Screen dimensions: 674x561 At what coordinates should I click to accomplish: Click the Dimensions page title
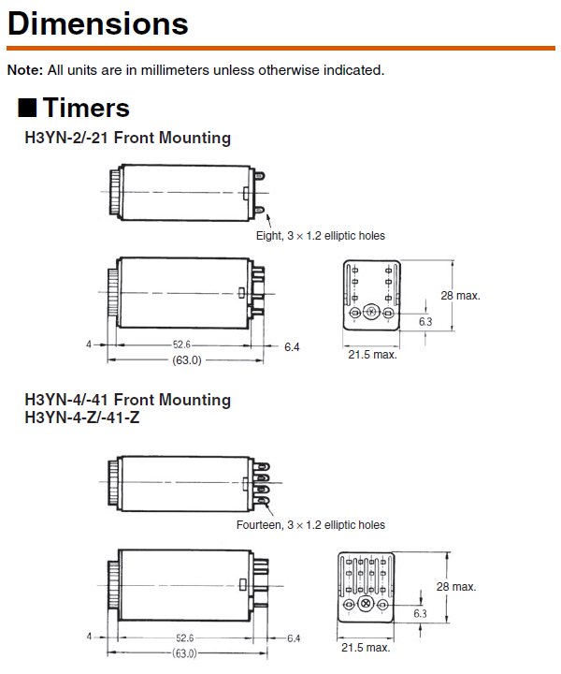(x=97, y=22)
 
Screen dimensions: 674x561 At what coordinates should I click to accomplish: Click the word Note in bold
(x=23, y=69)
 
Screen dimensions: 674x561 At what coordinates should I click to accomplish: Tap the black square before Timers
(x=27, y=108)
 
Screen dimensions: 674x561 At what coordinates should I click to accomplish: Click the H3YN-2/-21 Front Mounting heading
(x=127, y=138)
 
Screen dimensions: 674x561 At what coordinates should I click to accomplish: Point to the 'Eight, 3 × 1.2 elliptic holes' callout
(x=320, y=236)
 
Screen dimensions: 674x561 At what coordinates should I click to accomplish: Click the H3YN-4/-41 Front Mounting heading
(x=127, y=400)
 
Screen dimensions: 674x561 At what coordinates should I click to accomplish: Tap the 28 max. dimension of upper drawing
(x=460, y=295)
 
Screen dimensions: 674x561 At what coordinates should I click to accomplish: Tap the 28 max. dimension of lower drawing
(x=456, y=587)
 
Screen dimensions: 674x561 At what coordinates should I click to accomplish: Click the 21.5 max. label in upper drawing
(x=372, y=355)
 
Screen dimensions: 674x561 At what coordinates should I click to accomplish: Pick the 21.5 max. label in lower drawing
(x=367, y=647)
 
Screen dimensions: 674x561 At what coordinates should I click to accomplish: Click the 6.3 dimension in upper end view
(x=425, y=321)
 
